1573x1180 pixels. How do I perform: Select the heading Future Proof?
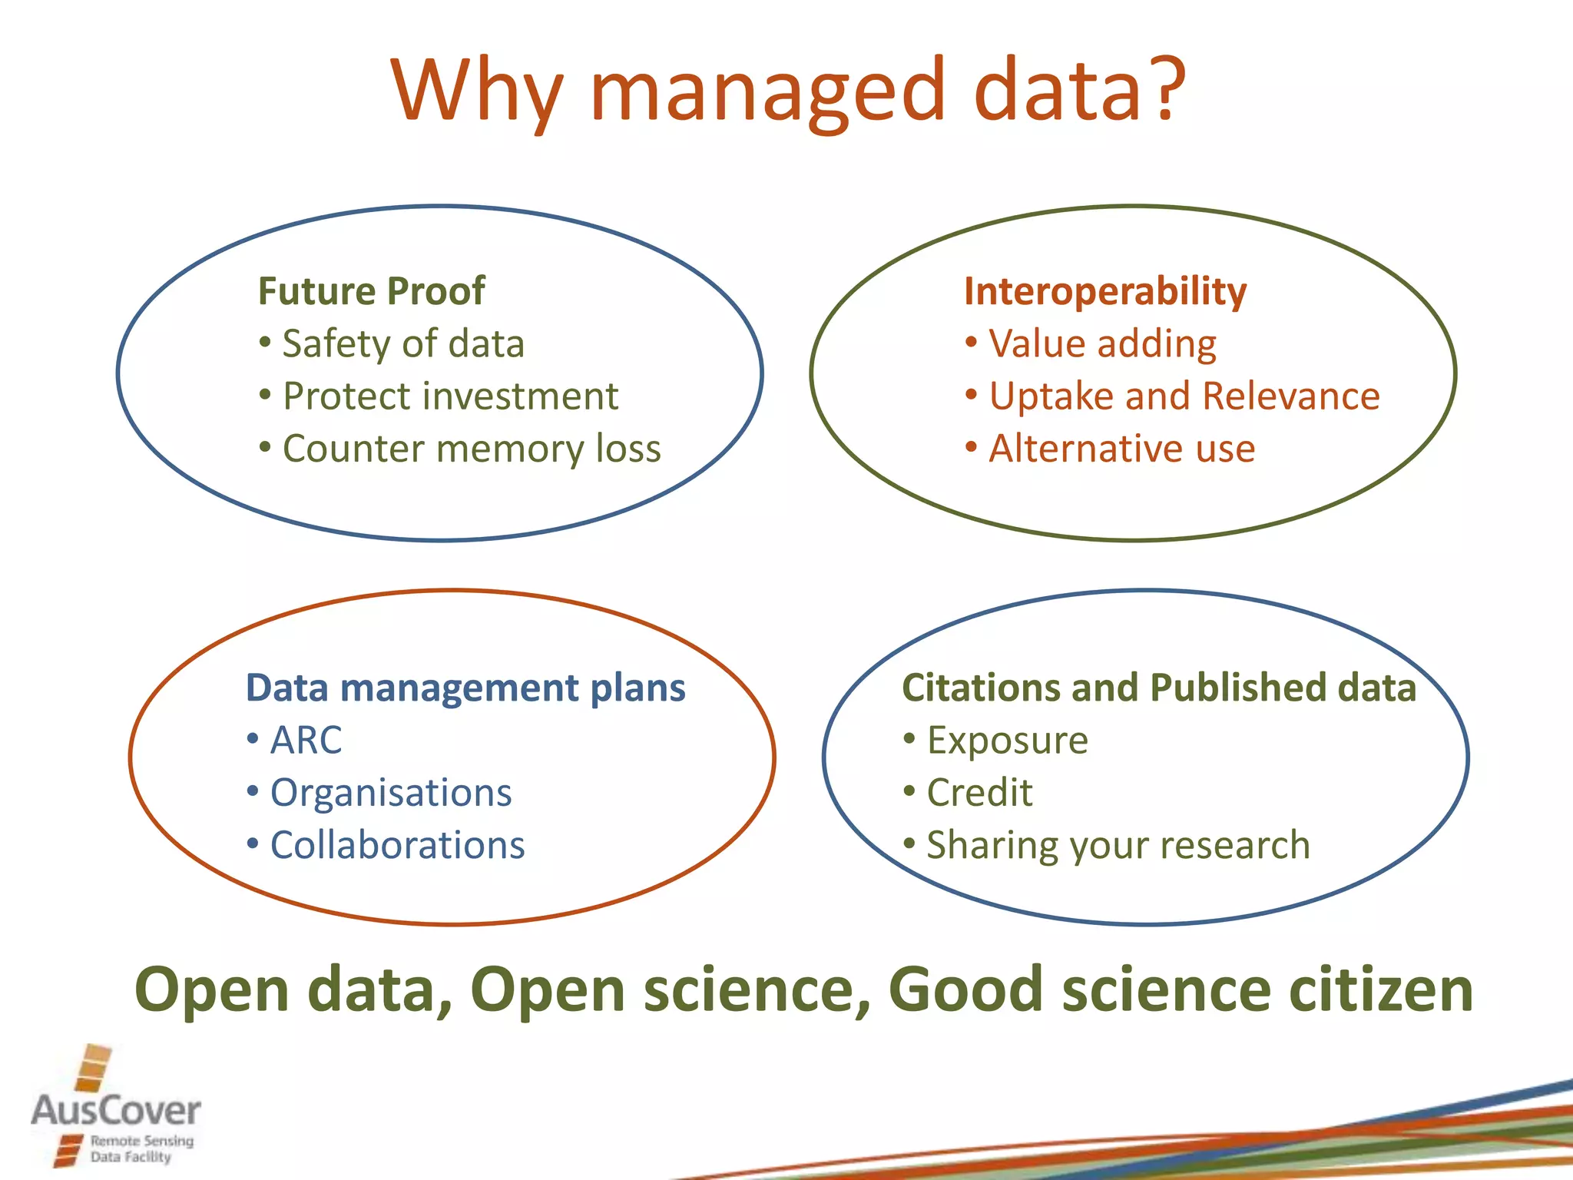tap(371, 291)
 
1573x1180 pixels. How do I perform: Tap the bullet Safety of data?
tap(402, 343)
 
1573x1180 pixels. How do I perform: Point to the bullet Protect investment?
tap(449, 396)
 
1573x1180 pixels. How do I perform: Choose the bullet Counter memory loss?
tap(471, 449)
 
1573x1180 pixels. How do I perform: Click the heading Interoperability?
tap(1104, 291)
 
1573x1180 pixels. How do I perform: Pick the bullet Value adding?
tap(1101, 343)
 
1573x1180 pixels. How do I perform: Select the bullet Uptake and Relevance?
tap(1184, 396)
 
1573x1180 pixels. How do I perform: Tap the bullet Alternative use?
tap(1121, 449)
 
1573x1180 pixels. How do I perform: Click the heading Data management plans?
tap(465, 688)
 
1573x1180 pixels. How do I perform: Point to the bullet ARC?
tap(305, 741)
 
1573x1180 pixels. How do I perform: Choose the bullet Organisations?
tap(390, 793)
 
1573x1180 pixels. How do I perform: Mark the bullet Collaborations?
tap(396, 845)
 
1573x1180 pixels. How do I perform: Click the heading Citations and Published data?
tap(1158, 688)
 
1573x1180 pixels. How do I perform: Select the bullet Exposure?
tap(1007, 741)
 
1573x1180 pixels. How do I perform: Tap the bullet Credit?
tap(979, 793)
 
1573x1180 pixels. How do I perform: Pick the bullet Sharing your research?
tap(1118, 845)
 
